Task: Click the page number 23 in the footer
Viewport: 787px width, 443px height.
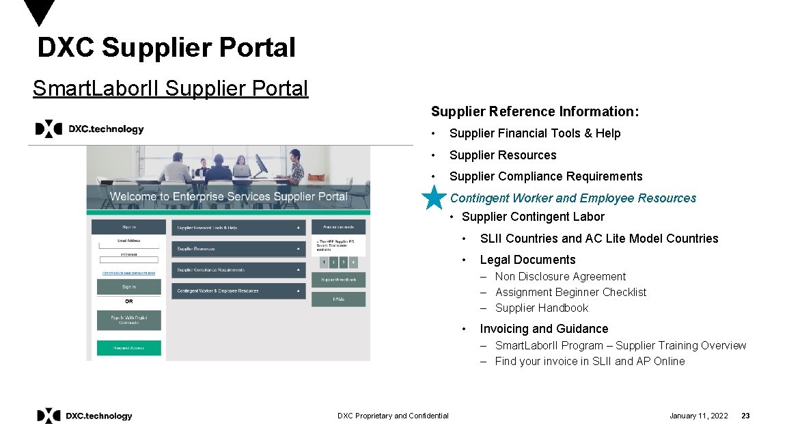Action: (745, 416)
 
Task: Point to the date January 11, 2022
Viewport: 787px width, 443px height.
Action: (698, 416)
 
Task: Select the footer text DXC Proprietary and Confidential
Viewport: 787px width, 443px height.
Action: (393, 416)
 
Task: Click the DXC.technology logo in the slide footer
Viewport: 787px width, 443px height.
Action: (85, 416)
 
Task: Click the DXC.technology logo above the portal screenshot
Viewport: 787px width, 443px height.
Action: (89, 129)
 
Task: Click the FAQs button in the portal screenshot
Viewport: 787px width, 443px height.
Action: (338, 299)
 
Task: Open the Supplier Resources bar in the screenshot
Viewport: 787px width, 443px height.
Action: (238, 249)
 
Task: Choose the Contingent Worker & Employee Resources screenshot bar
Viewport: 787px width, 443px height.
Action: (238, 291)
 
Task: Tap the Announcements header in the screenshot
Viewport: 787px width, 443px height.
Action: (338, 228)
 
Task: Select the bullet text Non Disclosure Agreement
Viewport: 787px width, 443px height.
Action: (560, 277)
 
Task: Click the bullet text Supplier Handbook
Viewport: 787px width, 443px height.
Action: (541, 308)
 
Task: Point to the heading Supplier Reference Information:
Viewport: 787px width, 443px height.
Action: (535, 111)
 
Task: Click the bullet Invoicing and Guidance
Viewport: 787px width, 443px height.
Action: (544, 329)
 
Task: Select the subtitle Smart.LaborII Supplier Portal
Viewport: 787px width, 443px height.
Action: (171, 89)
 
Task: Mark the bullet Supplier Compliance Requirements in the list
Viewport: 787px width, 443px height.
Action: (546, 176)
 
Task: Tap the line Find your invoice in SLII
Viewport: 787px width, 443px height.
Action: (590, 362)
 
